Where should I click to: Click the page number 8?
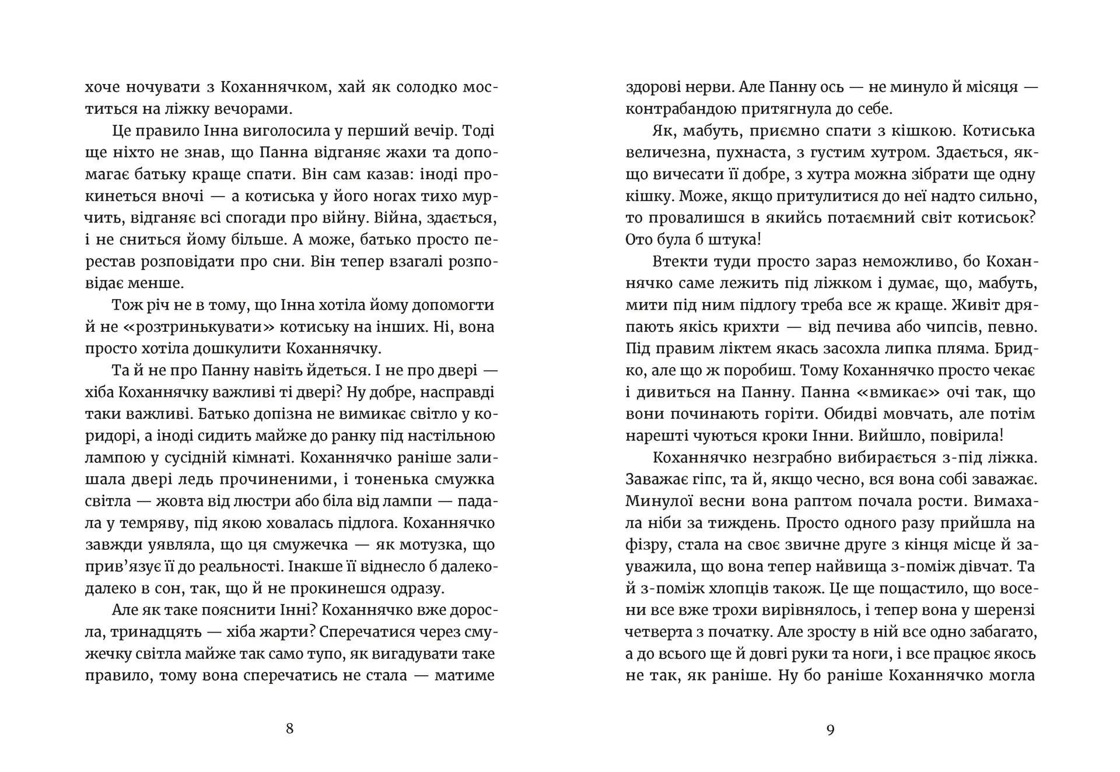click(x=290, y=729)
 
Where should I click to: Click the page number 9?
click(x=831, y=729)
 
